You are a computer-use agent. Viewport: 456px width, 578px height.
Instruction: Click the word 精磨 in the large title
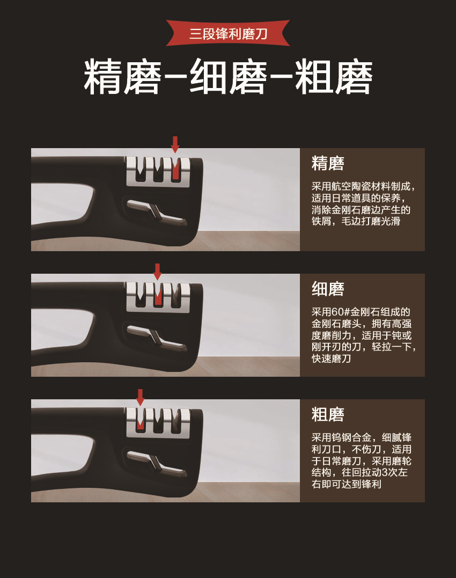122,78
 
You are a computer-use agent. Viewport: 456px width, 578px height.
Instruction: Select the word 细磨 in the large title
228,78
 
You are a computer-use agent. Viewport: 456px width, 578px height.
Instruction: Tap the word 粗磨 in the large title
334,78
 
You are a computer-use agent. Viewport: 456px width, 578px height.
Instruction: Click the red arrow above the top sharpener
175,144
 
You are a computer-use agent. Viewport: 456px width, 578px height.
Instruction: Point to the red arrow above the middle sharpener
157,272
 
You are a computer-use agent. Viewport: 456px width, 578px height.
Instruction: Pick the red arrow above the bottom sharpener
140,397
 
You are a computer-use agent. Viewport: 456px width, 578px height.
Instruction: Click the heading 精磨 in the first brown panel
328,163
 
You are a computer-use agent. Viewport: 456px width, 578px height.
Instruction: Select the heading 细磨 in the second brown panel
328,289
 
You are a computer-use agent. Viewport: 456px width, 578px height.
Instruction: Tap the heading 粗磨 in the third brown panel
328,414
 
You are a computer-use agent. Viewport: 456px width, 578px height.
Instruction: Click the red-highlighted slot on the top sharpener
175,170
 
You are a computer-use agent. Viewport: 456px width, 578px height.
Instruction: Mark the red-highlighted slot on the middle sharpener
158,296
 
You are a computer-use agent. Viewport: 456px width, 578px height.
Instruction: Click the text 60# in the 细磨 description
341,312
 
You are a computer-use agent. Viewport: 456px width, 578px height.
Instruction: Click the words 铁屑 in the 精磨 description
321,221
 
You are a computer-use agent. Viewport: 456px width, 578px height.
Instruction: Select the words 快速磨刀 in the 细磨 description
331,358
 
